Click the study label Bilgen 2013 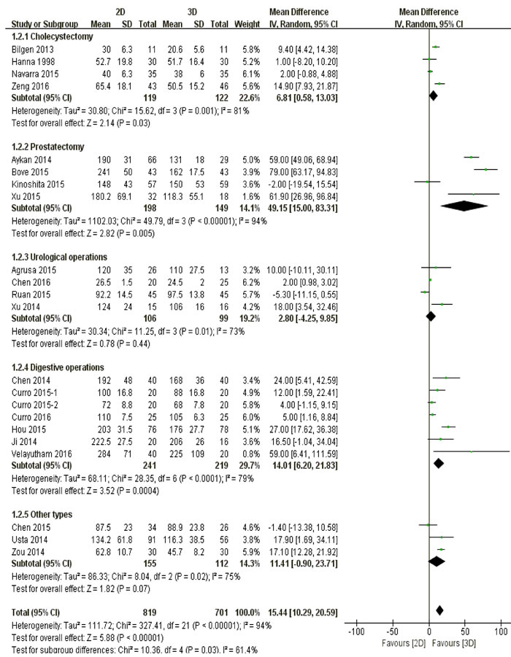coord(33,50)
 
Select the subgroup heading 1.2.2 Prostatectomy coord(48,147)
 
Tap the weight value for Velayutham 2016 coord(251,454)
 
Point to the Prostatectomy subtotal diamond coord(464,206)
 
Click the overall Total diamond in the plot coord(439,610)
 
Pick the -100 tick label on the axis coord(356,631)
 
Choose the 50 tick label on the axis coord(465,631)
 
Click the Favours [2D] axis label coord(404,643)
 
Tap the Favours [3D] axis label coord(454,643)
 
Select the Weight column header coord(247,24)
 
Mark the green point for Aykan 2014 coord(472,157)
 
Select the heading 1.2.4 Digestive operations coord(58,368)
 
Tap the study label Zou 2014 coord(28,552)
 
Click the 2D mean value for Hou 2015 coord(104,429)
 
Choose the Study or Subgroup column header coord(45,24)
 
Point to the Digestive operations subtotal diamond coord(439,463)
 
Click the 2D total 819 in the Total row coord(150,613)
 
